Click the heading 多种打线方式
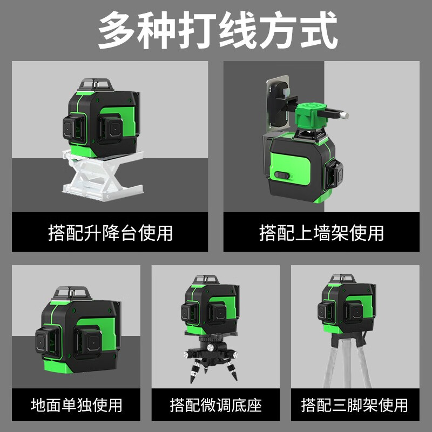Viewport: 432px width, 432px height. point(216,30)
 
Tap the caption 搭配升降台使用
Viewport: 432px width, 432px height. point(110,233)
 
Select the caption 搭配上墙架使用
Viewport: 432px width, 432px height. point(322,233)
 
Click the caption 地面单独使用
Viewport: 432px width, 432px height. point(76,404)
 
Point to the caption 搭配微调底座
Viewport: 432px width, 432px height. point(216,404)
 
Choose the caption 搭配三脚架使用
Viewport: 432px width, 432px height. point(355,404)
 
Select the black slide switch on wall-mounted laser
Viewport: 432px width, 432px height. point(282,175)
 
